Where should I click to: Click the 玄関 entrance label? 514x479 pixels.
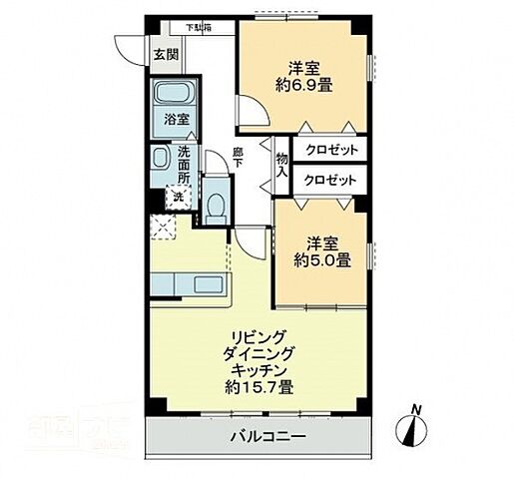166,56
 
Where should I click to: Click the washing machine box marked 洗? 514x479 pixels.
178,197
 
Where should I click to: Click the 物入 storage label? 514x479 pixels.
282,165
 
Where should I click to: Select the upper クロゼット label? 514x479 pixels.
330,150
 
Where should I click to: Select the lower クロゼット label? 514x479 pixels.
330,180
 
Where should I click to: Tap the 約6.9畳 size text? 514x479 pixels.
303,86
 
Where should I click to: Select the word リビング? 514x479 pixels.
257,336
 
